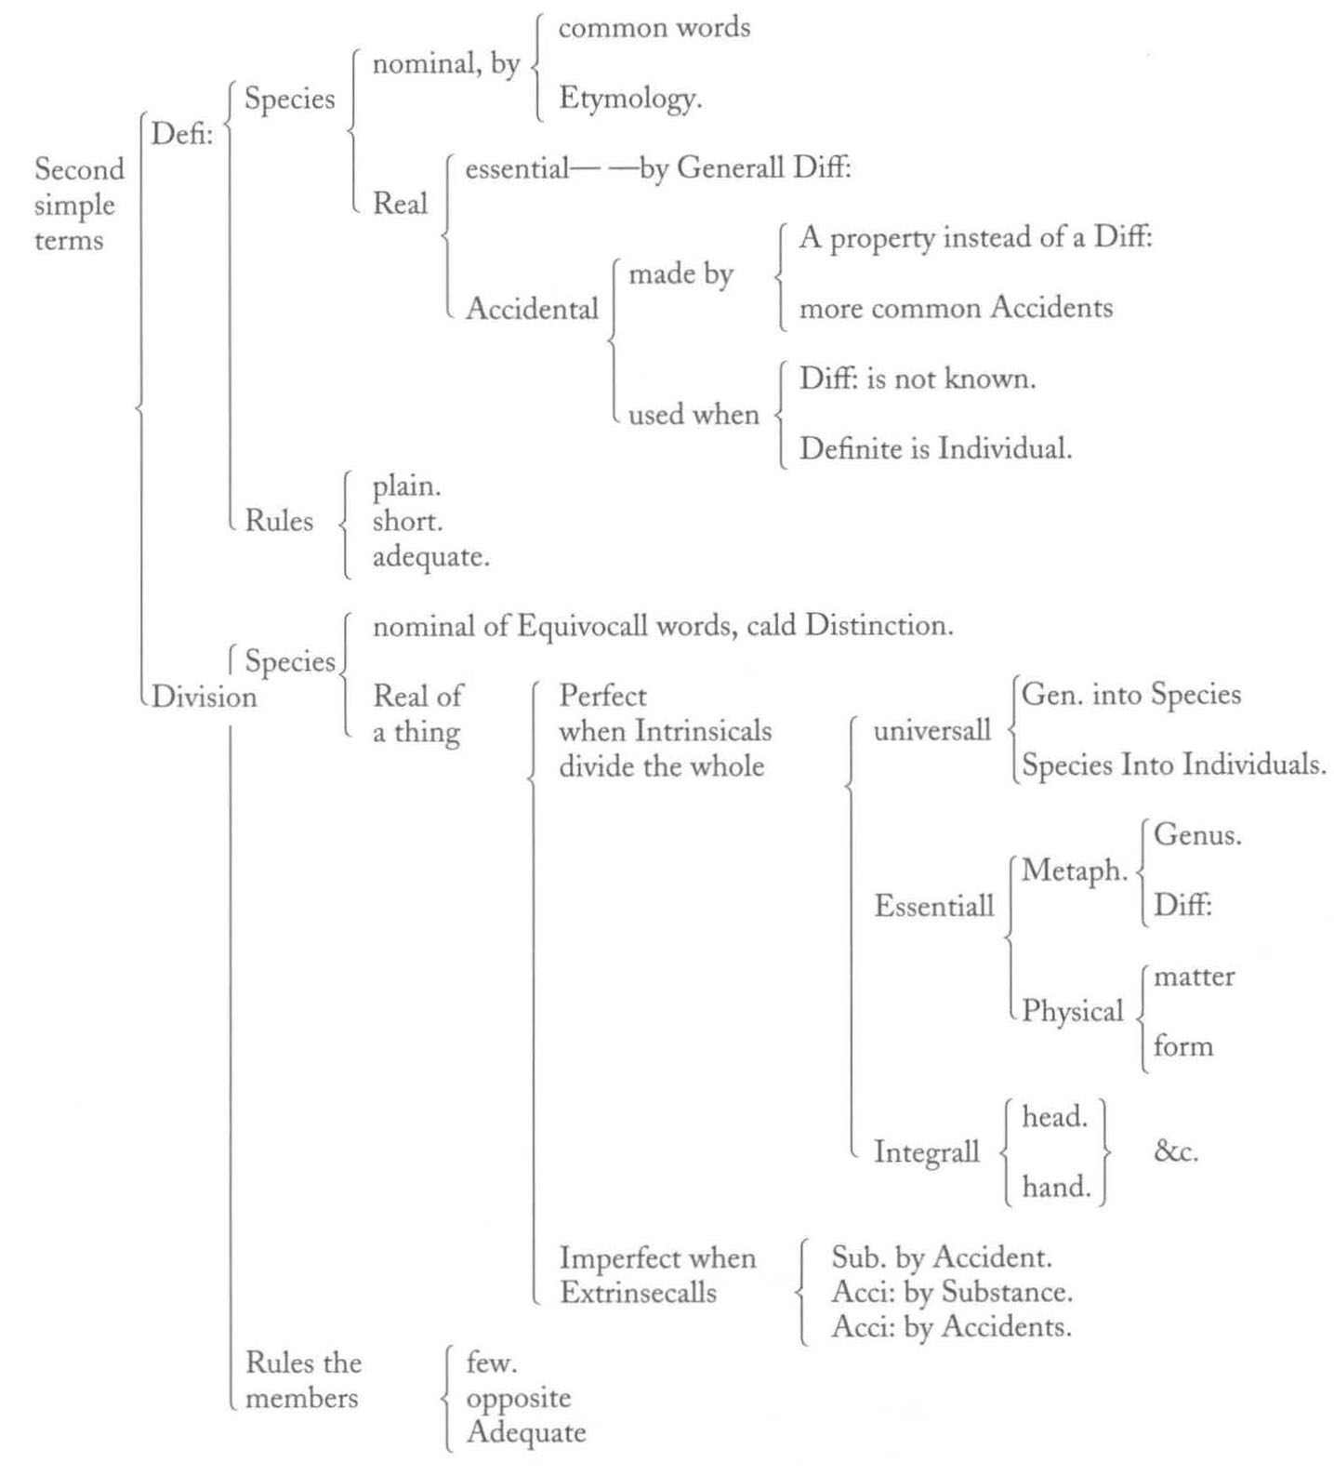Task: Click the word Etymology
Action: click(x=629, y=99)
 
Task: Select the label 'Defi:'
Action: click(x=182, y=134)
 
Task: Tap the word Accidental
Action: click(x=532, y=308)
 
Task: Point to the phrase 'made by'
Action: click(x=680, y=274)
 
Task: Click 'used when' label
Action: click(x=693, y=414)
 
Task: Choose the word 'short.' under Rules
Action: click(x=407, y=521)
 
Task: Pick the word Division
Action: click(x=205, y=697)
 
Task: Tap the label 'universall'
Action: click(x=932, y=731)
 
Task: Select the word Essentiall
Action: click(x=933, y=906)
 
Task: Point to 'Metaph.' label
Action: click(x=1075, y=871)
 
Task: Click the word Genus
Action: click(x=1197, y=835)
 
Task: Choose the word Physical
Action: click(x=1073, y=1011)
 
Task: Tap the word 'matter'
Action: click(x=1194, y=977)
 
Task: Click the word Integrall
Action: click(x=926, y=1152)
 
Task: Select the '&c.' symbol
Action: click(x=1176, y=1151)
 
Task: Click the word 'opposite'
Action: click(x=519, y=1399)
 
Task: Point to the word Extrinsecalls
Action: click(x=638, y=1293)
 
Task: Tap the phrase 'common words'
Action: click(x=654, y=28)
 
